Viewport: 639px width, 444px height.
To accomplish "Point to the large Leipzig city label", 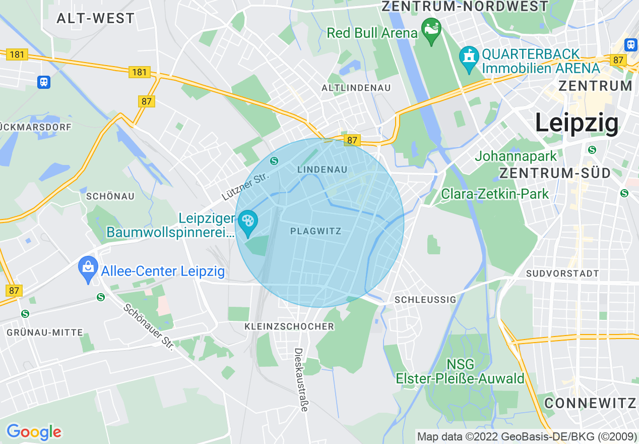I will click(577, 123).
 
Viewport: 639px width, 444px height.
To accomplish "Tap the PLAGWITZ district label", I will click(316, 232).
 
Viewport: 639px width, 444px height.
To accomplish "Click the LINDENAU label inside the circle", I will click(322, 170).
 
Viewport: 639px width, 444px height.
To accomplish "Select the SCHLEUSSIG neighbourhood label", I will click(425, 300).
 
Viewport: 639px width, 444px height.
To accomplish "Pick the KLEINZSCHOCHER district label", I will click(289, 327).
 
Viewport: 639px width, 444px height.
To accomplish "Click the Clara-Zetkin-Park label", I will click(495, 194).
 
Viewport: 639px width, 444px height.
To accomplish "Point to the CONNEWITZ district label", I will click(590, 403).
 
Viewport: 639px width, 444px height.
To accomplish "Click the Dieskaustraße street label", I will click(301, 379).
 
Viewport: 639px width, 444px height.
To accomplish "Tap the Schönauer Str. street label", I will click(149, 326).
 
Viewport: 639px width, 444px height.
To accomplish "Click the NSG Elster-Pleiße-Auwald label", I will click(460, 371).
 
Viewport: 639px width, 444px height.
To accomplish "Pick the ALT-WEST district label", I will click(96, 19).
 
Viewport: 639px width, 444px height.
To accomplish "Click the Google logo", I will click(34, 432).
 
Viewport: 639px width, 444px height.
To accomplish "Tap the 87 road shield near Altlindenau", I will click(352, 140).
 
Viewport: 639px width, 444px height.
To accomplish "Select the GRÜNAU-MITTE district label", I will click(45, 333).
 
